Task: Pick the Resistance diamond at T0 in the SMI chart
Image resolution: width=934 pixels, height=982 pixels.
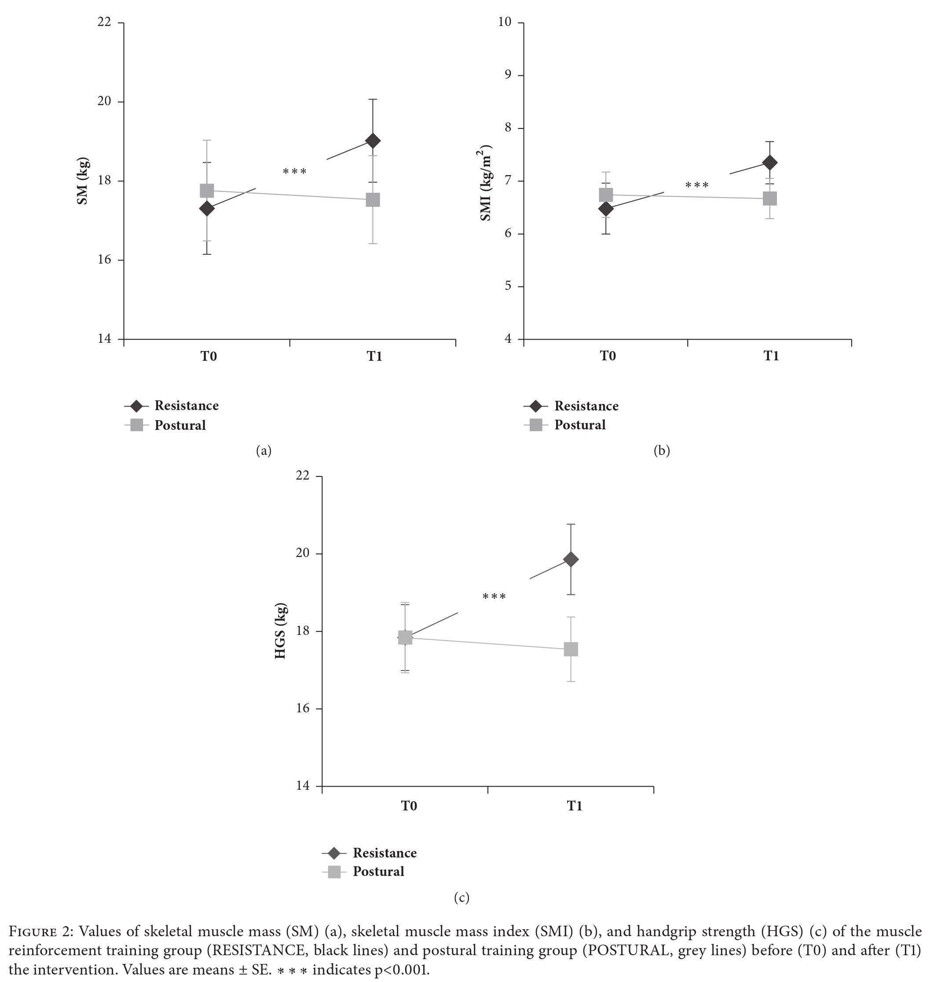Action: [605, 209]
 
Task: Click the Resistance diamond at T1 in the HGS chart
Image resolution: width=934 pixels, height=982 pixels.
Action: [571, 559]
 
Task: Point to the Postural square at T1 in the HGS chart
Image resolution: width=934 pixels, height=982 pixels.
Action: [571, 649]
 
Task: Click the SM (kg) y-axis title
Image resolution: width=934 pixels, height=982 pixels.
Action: [83, 181]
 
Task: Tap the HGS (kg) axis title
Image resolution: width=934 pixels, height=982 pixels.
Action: [281, 631]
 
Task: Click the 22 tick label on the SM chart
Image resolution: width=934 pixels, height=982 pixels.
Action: [104, 23]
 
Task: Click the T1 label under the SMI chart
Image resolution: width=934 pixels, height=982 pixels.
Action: [771, 356]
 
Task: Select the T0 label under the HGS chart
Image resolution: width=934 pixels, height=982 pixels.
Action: [409, 806]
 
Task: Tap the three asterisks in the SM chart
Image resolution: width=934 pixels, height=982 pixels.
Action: [295, 172]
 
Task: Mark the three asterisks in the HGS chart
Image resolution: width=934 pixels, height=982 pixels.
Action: [494, 597]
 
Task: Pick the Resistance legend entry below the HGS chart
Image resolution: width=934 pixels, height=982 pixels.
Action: [385, 853]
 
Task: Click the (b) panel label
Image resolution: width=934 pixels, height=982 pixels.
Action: [662, 451]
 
